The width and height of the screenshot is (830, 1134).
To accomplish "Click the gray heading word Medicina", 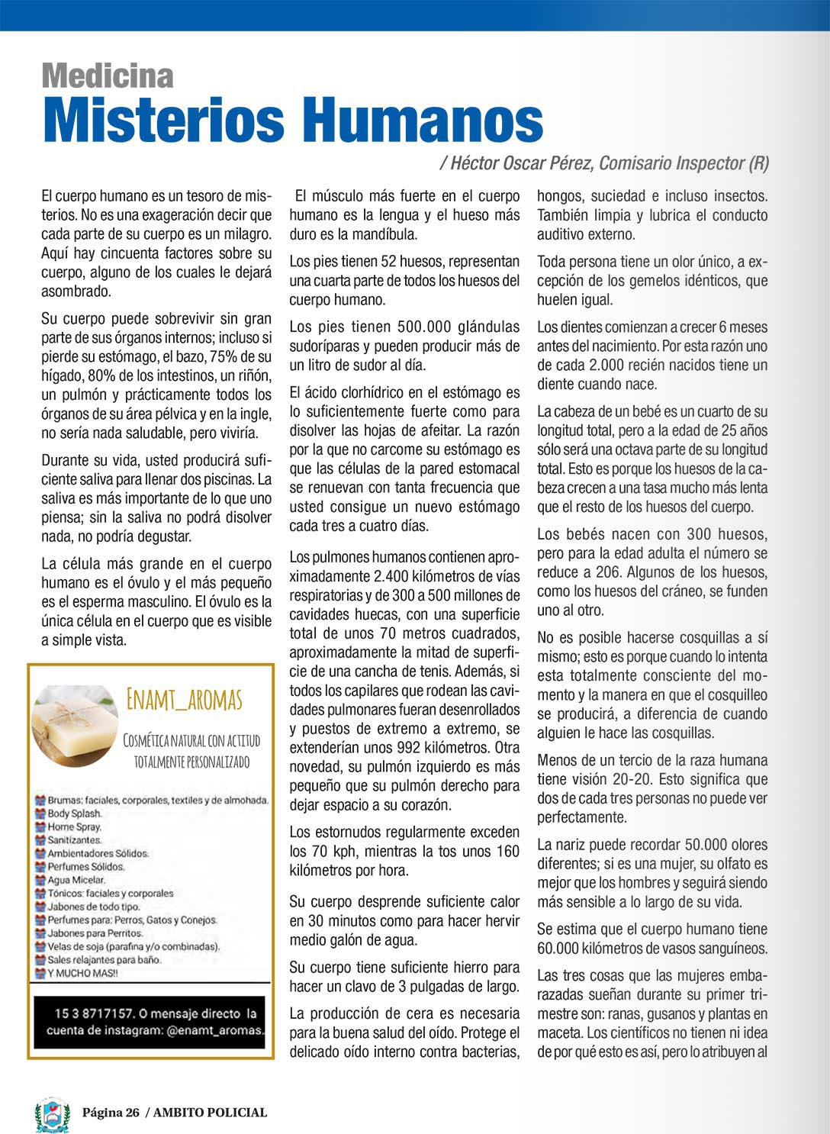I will click(108, 76).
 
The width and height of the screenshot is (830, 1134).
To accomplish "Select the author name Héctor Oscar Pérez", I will click(521, 163).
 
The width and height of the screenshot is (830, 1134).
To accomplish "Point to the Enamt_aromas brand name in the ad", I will click(184, 698).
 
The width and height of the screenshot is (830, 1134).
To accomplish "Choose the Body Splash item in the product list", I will click(74, 813).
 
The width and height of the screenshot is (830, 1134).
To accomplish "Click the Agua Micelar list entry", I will click(76, 880).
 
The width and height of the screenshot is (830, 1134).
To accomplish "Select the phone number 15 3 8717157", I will click(95, 1013).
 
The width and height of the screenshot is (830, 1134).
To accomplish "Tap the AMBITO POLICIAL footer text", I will click(210, 1113).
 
